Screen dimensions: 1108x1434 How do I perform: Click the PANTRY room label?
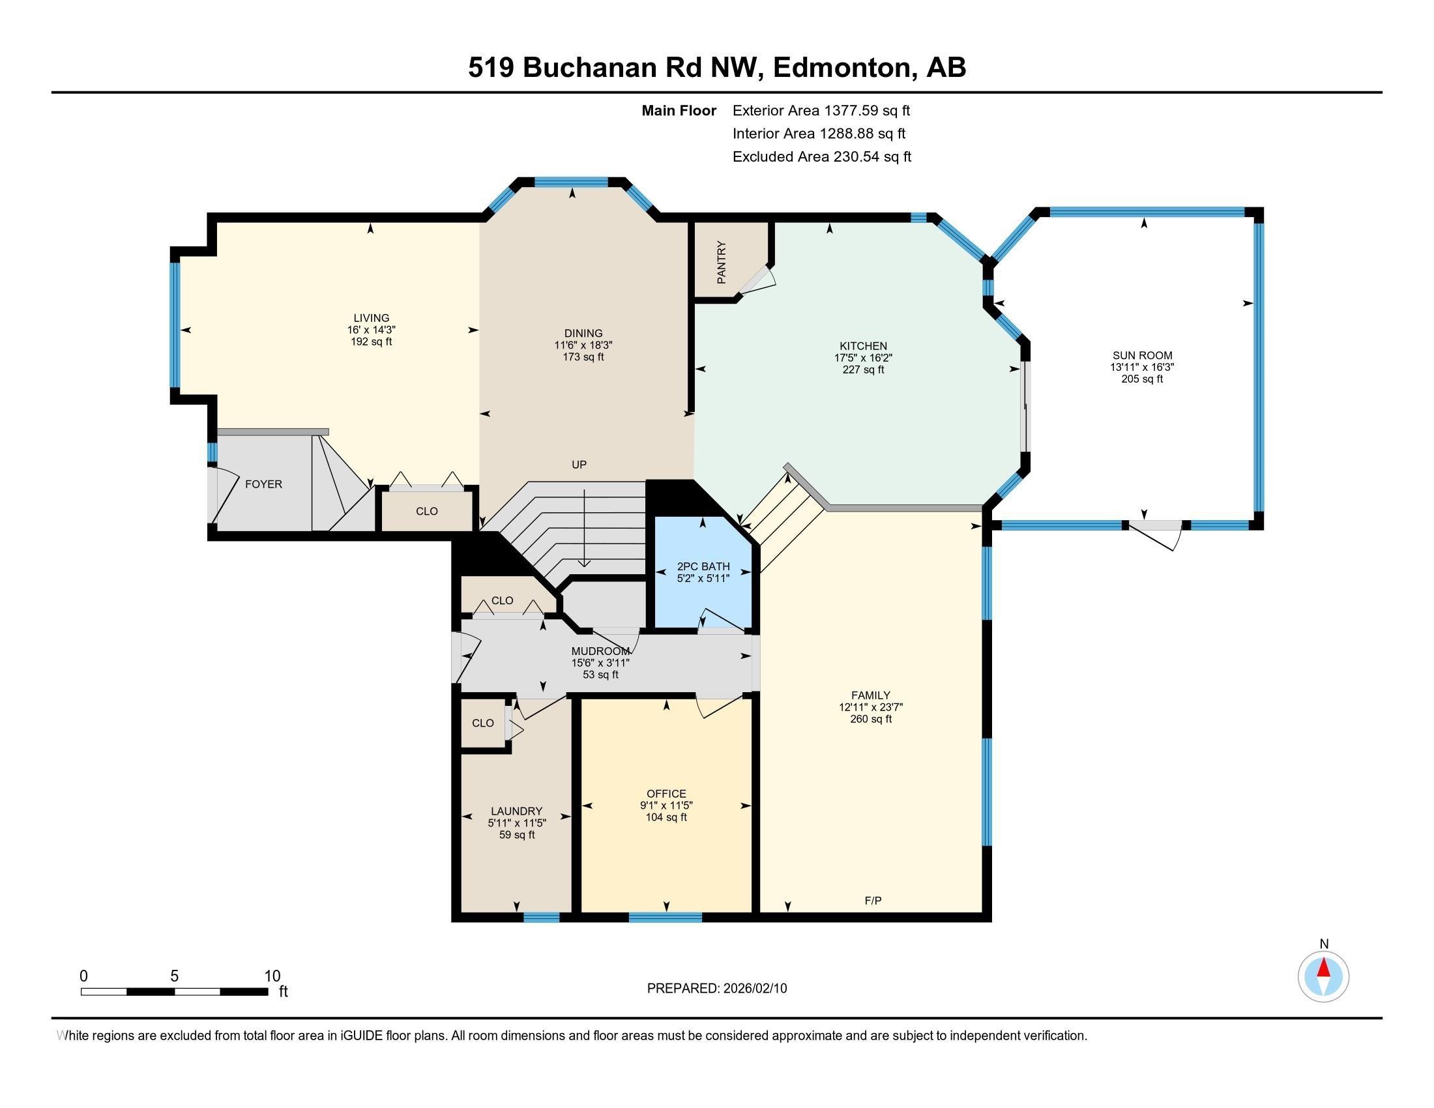(722, 263)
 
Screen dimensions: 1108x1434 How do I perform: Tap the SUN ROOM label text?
(1142, 355)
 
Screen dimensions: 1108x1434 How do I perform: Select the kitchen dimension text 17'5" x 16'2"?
(863, 358)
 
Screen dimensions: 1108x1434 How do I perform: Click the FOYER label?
(263, 484)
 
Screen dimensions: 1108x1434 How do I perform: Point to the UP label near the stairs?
(578, 464)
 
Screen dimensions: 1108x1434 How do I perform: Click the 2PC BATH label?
(703, 566)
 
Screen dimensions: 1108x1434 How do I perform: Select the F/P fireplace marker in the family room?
(873, 901)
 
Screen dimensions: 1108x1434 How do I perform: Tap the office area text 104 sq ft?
(666, 817)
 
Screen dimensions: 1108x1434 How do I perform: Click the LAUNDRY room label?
(517, 811)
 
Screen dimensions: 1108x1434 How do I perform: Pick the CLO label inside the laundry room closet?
(482, 723)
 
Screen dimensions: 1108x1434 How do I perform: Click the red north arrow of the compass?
(1324, 969)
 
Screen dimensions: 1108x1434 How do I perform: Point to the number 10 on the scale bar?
(272, 976)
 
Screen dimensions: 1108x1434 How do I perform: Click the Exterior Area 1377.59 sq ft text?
(821, 110)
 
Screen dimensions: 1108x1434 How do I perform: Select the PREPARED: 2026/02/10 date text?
(716, 988)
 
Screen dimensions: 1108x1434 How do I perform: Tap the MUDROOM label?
(600, 651)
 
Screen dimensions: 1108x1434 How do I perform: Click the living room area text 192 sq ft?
(371, 342)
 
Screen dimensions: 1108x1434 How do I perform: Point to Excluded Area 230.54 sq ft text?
(821, 156)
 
